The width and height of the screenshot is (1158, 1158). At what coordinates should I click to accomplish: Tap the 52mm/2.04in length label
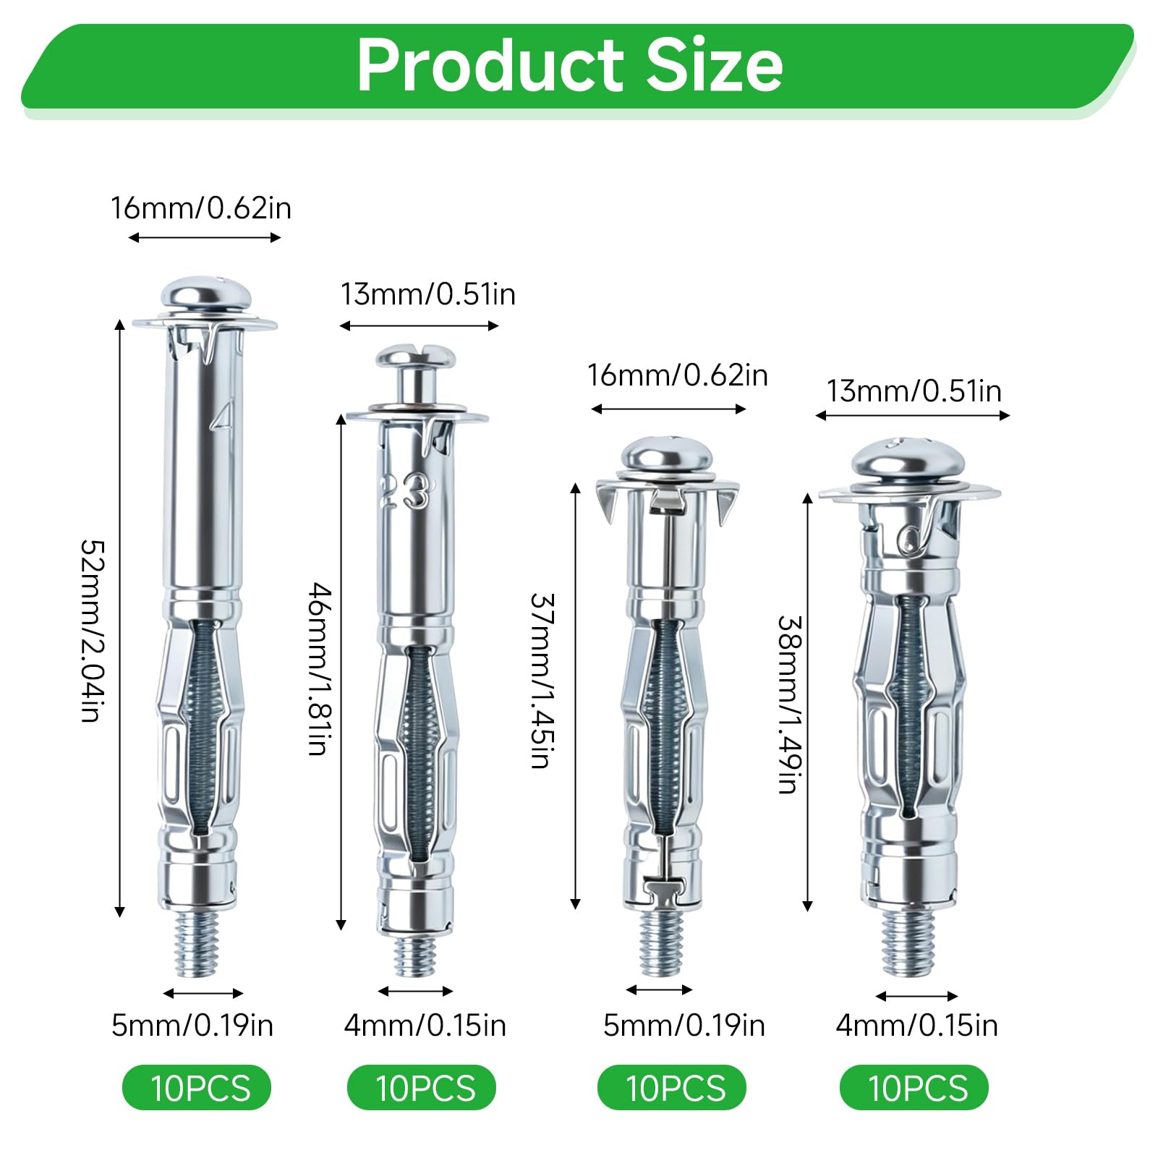pos(93,630)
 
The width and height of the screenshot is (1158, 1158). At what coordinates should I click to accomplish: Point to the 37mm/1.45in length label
pos(542,680)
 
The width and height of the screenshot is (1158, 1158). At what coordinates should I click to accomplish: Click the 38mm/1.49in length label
pos(789,704)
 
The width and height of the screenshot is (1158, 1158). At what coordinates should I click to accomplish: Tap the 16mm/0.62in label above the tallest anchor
pos(201,208)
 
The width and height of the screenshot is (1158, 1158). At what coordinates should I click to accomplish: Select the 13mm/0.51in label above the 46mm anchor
pos(428,294)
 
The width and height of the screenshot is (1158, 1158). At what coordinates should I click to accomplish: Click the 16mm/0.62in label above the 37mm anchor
pos(677,375)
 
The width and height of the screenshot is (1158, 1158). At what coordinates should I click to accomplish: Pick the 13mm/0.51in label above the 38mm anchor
pos(914,391)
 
